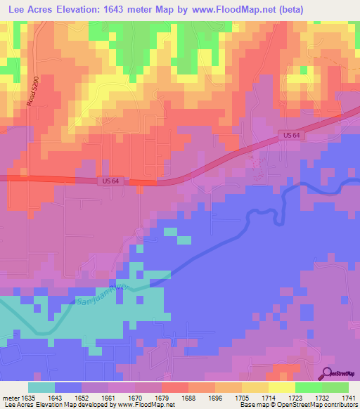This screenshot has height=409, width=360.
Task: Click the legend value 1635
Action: point(27,396)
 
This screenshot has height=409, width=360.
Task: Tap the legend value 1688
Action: point(188,396)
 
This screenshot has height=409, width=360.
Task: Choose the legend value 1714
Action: point(268,396)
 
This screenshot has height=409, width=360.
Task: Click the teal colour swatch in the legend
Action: point(41,387)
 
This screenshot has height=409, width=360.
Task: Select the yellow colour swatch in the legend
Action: point(281,387)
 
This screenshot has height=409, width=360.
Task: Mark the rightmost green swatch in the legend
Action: point(335,387)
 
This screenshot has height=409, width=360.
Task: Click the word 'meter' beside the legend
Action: point(10,396)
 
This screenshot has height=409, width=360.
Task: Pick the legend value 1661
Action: point(108,396)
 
